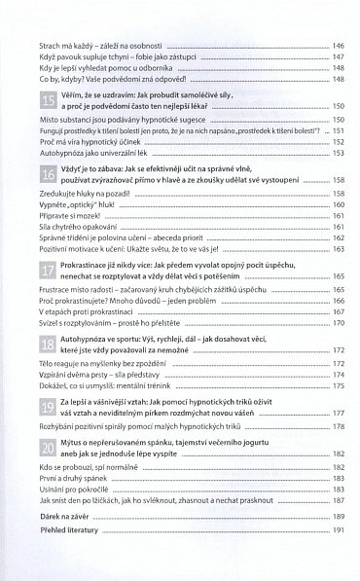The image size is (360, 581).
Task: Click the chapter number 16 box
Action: (47, 172)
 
